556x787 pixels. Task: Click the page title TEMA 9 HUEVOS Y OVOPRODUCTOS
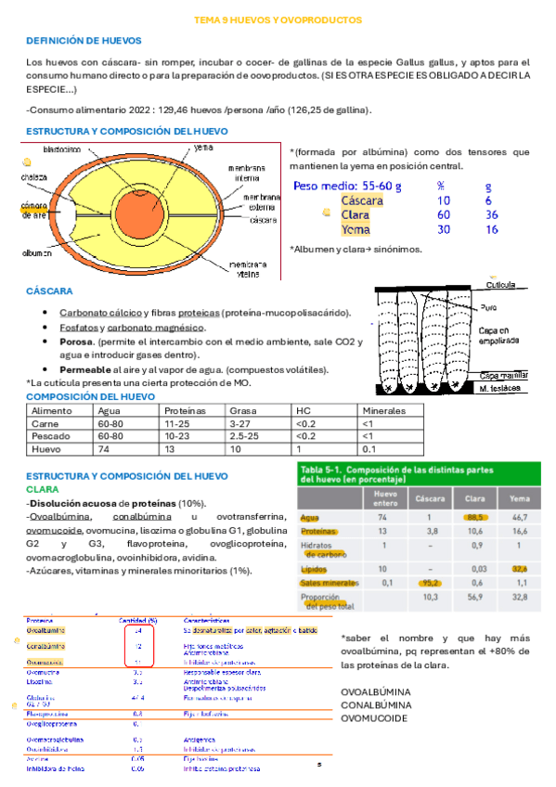tap(278, 19)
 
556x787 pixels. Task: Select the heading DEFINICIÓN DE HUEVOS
tap(84, 41)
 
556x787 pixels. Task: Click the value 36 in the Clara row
tap(491, 214)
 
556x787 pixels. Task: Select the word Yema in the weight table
tap(356, 229)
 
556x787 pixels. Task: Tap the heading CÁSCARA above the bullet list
tap(50, 291)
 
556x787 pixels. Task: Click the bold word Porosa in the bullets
tap(77, 342)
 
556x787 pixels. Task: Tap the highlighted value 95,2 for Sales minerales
tap(429, 581)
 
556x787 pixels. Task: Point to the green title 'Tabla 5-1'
tap(325, 470)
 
